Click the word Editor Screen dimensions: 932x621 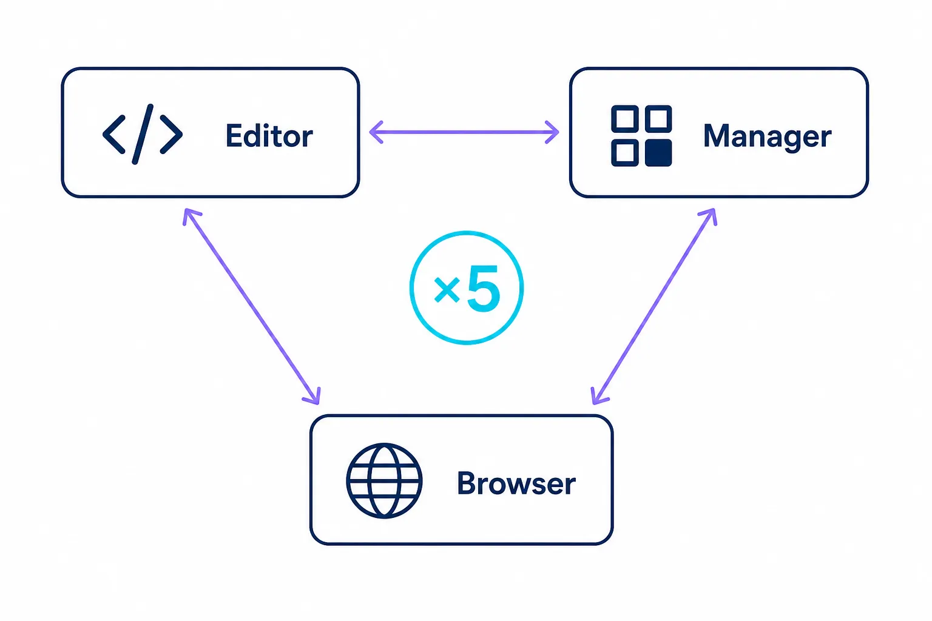pos(269,135)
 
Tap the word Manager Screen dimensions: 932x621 pos(767,137)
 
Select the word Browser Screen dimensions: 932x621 pos(516,483)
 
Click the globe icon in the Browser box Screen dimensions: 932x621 pos(384,481)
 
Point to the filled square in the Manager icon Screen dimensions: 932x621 pos(658,153)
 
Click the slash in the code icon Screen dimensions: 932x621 pos(143,134)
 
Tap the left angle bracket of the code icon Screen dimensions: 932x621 pos(114,134)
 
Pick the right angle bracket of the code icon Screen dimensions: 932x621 pos(172,134)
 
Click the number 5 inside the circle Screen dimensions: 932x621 pos(484,288)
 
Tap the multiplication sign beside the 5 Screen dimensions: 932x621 pos(447,289)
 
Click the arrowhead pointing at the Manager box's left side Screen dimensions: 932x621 pos(552,132)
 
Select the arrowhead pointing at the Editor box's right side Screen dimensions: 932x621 pos(376,132)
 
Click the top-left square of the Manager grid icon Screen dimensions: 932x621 pos(625,118)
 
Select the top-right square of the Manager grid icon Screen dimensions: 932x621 pos(658,118)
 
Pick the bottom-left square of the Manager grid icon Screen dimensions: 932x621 pos(625,153)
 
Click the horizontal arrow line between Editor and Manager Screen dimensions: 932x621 pos(464,132)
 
